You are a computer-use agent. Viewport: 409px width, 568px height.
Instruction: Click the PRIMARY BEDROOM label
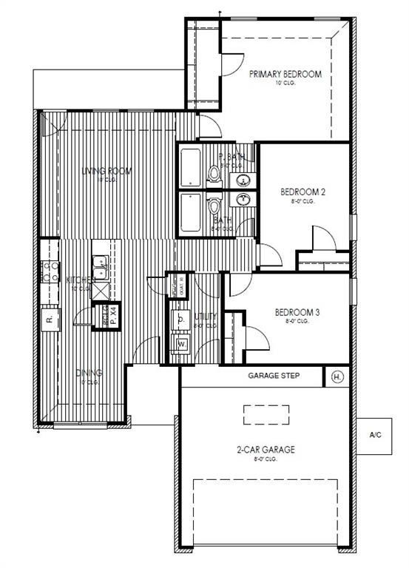285,74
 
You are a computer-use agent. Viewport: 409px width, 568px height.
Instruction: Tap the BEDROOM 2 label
302,192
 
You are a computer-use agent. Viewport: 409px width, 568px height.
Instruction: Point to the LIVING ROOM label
107,171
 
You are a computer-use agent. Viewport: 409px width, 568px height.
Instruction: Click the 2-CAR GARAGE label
266,449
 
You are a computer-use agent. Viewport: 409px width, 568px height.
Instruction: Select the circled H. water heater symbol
338,376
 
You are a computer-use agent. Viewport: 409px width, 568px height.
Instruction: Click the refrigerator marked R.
49,319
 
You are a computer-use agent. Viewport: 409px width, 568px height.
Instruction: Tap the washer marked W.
181,345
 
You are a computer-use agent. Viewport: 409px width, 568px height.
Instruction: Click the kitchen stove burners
50,271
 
